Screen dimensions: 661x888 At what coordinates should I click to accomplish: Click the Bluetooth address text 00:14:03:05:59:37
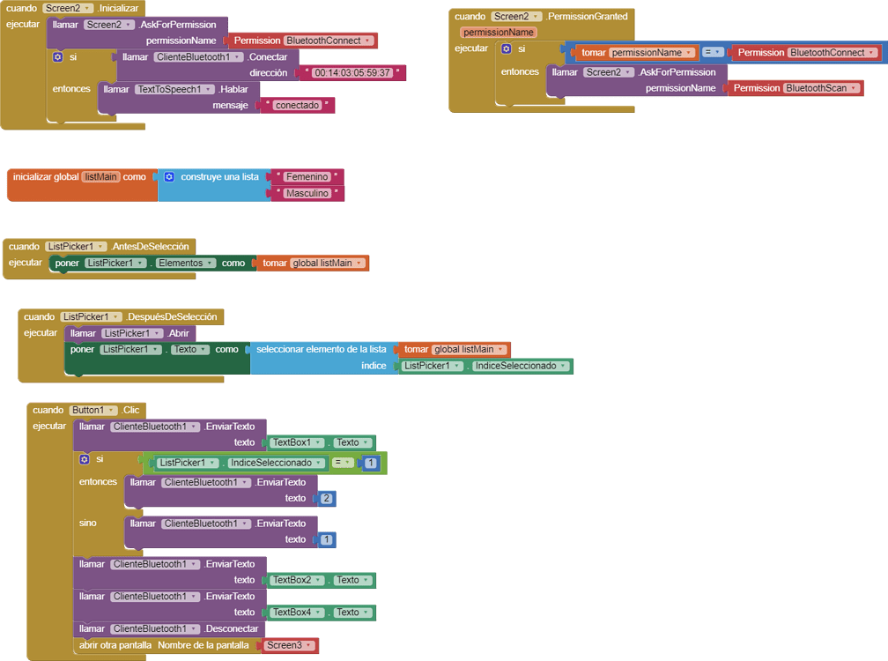click(x=352, y=73)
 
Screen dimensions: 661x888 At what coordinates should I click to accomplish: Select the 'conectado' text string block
click(x=297, y=106)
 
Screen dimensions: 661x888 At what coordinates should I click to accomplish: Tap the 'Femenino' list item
click(x=307, y=177)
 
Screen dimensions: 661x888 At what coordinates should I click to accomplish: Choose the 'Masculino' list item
click(x=307, y=193)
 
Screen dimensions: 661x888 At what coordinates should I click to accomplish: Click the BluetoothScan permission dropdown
click(x=821, y=88)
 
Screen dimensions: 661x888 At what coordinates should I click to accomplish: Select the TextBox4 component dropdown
click(x=298, y=613)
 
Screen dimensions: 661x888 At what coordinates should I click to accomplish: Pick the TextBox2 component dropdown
click(x=298, y=580)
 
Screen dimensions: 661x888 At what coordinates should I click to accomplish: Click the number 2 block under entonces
click(x=327, y=499)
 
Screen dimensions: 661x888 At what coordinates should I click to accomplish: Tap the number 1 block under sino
click(x=327, y=539)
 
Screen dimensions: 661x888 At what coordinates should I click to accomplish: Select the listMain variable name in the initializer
click(x=100, y=177)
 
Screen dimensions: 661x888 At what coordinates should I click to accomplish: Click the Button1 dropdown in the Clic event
click(x=93, y=410)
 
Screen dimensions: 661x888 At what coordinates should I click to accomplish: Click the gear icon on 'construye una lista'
click(x=169, y=177)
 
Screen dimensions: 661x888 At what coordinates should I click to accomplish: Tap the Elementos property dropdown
click(x=185, y=263)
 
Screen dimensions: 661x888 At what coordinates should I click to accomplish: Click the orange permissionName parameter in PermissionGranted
click(x=499, y=33)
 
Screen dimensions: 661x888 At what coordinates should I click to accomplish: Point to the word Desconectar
click(x=232, y=629)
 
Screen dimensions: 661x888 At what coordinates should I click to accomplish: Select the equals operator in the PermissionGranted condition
click(x=713, y=53)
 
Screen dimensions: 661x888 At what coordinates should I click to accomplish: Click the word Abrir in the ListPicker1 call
click(x=179, y=333)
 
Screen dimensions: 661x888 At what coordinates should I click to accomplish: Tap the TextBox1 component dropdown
click(x=298, y=442)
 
